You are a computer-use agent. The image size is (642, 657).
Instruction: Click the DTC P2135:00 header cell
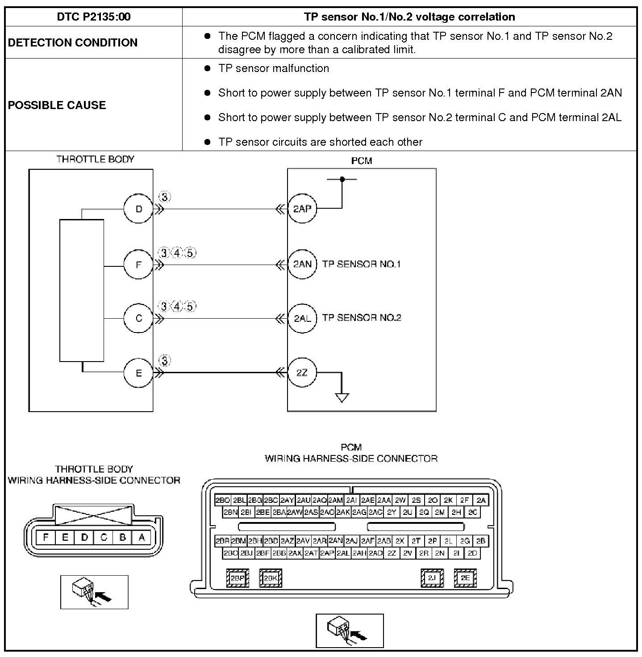pyautogui.click(x=94, y=17)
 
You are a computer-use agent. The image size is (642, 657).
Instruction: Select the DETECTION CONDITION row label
pyautogui.click(x=73, y=42)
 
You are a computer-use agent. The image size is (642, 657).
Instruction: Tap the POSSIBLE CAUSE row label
pyautogui.click(x=57, y=105)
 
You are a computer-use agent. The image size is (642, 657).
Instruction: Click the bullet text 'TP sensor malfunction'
pyautogui.click(x=273, y=68)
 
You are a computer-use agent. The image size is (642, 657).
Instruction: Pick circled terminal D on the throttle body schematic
pyautogui.click(x=138, y=209)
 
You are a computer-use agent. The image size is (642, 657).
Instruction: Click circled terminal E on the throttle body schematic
pyautogui.click(x=138, y=373)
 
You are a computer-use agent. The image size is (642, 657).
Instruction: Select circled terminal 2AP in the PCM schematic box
pyautogui.click(x=302, y=208)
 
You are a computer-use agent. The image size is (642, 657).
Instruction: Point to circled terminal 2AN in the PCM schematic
pyautogui.click(x=302, y=264)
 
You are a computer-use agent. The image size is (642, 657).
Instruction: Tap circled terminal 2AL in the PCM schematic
pyautogui.click(x=302, y=318)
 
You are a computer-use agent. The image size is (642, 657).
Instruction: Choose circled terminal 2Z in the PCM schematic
pyautogui.click(x=302, y=372)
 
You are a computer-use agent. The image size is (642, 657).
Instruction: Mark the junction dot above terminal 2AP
pyautogui.click(x=342, y=179)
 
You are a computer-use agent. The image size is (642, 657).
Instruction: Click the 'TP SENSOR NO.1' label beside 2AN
pyautogui.click(x=361, y=264)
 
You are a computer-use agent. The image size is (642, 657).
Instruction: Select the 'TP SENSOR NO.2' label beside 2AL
pyautogui.click(x=361, y=318)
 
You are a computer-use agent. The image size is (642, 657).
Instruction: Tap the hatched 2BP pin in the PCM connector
pyautogui.click(x=238, y=578)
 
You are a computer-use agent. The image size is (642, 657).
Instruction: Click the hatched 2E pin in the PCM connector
pyautogui.click(x=465, y=578)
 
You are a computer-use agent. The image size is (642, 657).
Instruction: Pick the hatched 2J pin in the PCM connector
pyautogui.click(x=432, y=578)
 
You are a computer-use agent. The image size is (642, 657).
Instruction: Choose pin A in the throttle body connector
pyautogui.click(x=142, y=537)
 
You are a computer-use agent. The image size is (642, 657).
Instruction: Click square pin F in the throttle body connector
pyautogui.click(x=46, y=537)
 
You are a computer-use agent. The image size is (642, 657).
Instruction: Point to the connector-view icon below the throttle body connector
pyautogui.click(x=94, y=592)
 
